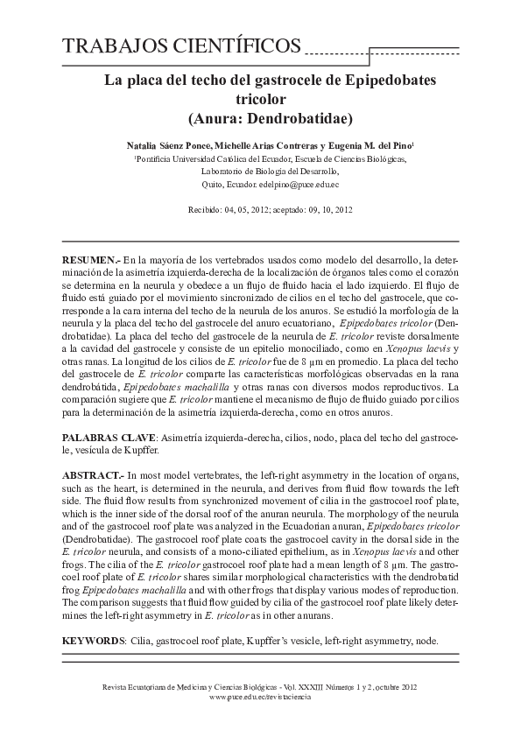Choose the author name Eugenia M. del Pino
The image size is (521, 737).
tap(370, 144)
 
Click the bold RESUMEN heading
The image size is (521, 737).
tap(90, 261)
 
